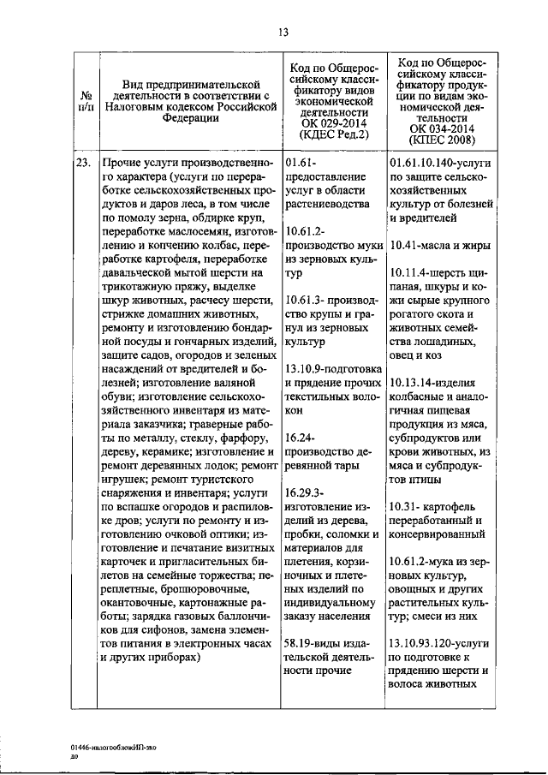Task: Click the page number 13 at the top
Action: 282,33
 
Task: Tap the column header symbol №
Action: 86,97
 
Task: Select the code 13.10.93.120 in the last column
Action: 424,643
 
